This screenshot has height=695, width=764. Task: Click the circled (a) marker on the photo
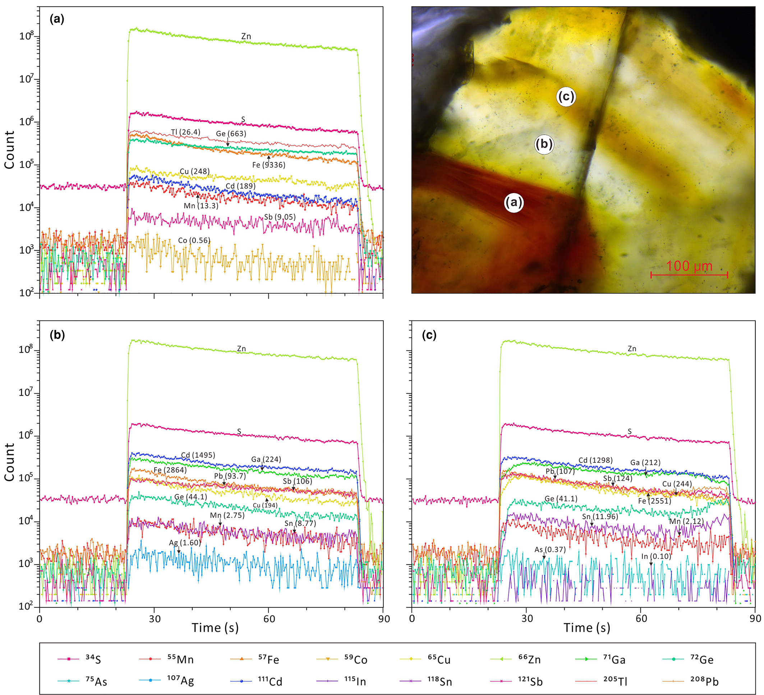(x=514, y=202)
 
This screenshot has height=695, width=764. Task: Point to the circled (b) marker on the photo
(x=544, y=144)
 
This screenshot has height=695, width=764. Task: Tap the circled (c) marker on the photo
(x=566, y=97)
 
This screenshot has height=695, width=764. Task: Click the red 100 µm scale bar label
(x=689, y=266)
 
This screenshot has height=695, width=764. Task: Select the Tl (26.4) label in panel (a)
(x=185, y=132)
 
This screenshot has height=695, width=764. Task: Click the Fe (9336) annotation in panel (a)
(x=269, y=165)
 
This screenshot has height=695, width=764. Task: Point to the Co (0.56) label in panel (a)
(x=194, y=241)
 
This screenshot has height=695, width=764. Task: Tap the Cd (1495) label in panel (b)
(x=198, y=455)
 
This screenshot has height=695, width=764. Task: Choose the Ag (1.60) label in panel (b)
(x=185, y=543)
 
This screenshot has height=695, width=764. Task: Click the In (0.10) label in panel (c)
(x=656, y=556)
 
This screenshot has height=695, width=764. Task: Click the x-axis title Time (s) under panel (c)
(x=586, y=627)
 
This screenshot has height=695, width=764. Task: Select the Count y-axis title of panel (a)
(x=9, y=150)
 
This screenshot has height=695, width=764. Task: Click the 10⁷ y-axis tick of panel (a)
(x=26, y=79)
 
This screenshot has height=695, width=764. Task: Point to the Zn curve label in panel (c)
(x=632, y=349)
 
